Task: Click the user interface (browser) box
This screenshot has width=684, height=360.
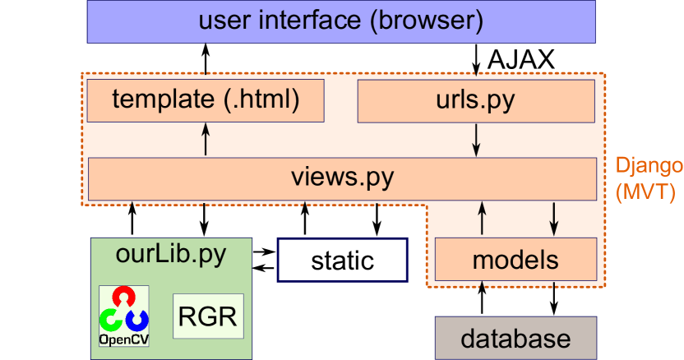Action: point(341,21)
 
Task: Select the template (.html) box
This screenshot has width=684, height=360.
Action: point(206,100)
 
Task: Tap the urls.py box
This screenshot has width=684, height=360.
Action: point(476,100)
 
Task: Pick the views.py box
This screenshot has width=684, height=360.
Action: point(342,178)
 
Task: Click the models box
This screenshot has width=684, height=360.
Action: point(515,260)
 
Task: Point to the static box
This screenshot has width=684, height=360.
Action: point(343,261)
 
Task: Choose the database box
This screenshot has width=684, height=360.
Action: point(515,339)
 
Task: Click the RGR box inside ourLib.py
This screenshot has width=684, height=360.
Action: point(209,316)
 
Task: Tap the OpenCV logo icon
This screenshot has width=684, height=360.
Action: point(123,316)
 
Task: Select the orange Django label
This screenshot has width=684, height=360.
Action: point(649,166)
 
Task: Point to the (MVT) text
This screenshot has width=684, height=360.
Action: point(645,192)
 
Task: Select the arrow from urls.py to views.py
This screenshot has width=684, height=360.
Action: point(476,138)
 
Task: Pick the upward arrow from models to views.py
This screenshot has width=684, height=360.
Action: point(482,219)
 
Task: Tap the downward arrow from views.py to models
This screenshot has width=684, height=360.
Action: point(553,219)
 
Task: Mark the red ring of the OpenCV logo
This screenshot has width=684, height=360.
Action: point(123,297)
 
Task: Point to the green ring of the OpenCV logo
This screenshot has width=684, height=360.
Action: point(110,319)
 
